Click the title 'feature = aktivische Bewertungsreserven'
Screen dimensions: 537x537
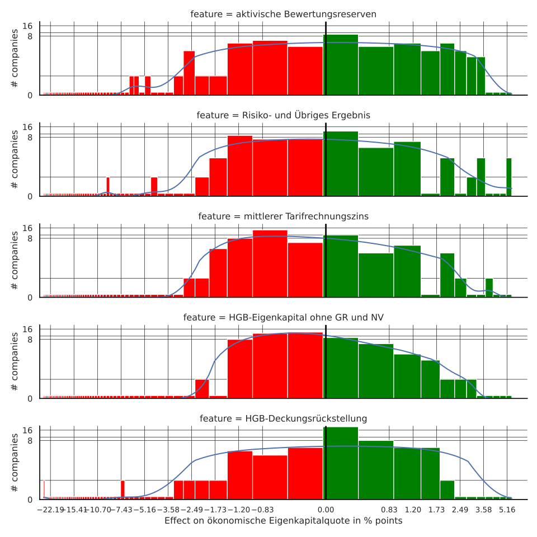[x=283, y=14]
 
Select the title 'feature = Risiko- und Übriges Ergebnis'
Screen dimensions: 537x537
[x=283, y=115]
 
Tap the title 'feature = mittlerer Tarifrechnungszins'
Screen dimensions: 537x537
[x=283, y=216]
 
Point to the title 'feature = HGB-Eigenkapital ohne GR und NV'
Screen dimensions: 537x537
[x=283, y=318]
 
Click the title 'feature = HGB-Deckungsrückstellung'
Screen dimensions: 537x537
[x=283, y=418]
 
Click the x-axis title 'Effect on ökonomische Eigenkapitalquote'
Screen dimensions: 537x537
[x=283, y=521]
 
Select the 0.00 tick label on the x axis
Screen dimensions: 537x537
[x=326, y=510]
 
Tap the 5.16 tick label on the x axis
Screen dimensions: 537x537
[x=507, y=510]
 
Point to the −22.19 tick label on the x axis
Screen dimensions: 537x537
[x=50, y=510]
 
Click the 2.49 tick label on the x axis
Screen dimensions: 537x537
[x=460, y=510]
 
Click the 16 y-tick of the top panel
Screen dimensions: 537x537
[x=27, y=26]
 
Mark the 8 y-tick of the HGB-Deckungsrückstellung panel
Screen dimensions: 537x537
[x=31, y=441]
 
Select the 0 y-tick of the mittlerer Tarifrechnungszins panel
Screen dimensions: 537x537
[x=31, y=298]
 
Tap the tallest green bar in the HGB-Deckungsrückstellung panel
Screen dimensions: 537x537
[x=341, y=463]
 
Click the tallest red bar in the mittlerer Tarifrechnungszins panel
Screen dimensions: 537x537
[x=270, y=263]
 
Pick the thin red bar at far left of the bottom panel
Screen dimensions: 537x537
[x=44, y=489]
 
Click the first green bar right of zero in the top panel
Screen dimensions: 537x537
[x=341, y=64]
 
